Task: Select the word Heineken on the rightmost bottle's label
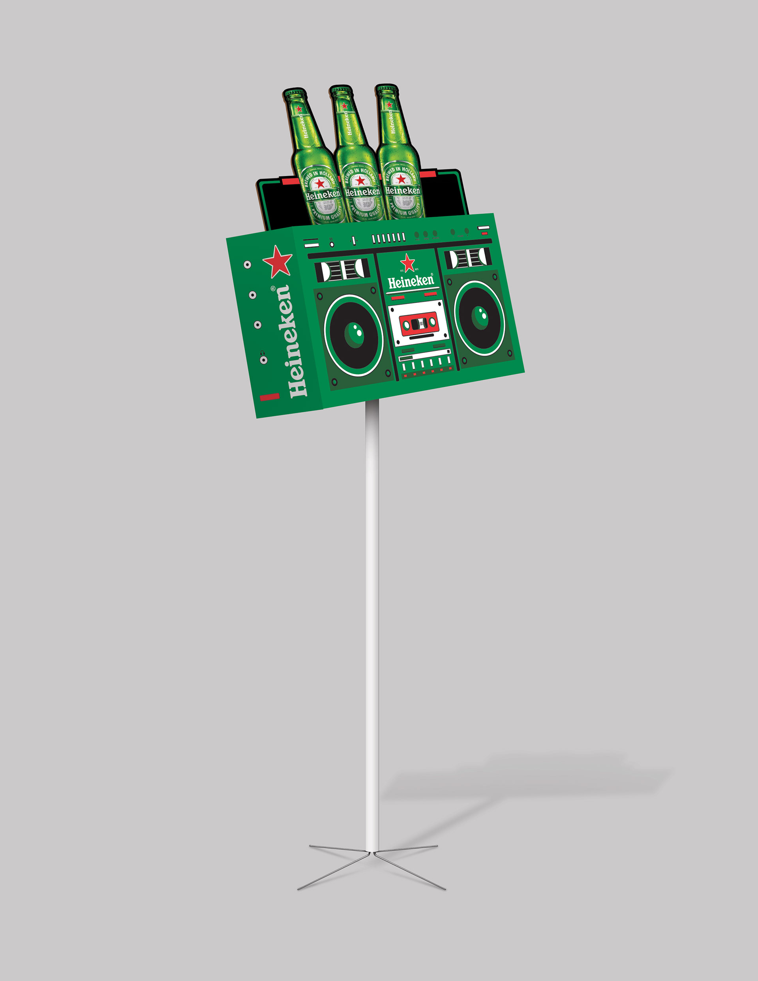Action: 403,190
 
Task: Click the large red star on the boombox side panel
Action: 277,261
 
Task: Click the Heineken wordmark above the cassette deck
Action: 411,281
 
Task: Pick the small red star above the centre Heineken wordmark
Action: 407,263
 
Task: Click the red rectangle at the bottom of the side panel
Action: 270,397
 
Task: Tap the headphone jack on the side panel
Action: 263,359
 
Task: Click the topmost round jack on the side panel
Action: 247,264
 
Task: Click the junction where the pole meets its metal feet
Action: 372,852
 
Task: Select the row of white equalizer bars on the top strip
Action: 388,238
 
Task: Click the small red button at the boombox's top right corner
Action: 484,233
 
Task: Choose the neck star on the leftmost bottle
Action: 298,109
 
